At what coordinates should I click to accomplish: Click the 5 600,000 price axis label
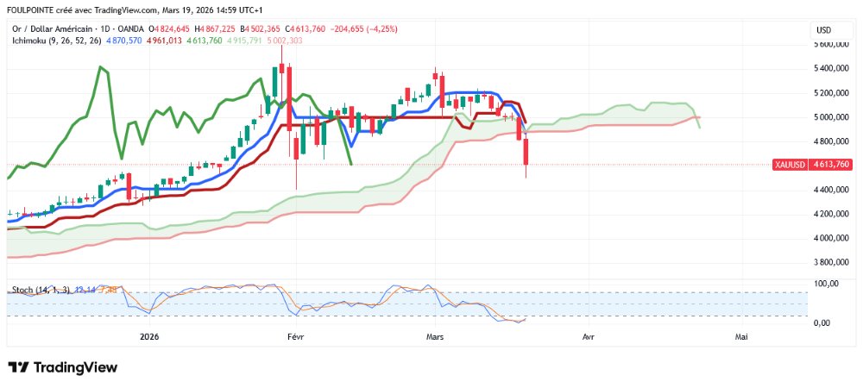[x=834, y=43]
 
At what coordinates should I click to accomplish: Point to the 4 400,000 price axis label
[x=834, y=189]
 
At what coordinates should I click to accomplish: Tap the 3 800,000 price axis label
[x=834, y=261]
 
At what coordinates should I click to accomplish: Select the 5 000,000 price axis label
[x=834, y=116]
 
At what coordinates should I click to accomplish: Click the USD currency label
[x=823, y=30]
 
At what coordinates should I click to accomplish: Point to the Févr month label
[x=295, y=337]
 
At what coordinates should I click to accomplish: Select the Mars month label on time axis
[x=435, y=337]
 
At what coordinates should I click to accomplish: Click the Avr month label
[x=589, y=337]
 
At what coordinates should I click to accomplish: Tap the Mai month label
[x=740, y=337]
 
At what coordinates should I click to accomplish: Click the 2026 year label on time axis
[x=148, y=337]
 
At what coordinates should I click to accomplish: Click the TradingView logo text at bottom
[x=62, y=367]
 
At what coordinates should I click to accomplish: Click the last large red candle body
[x=526, y=153]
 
